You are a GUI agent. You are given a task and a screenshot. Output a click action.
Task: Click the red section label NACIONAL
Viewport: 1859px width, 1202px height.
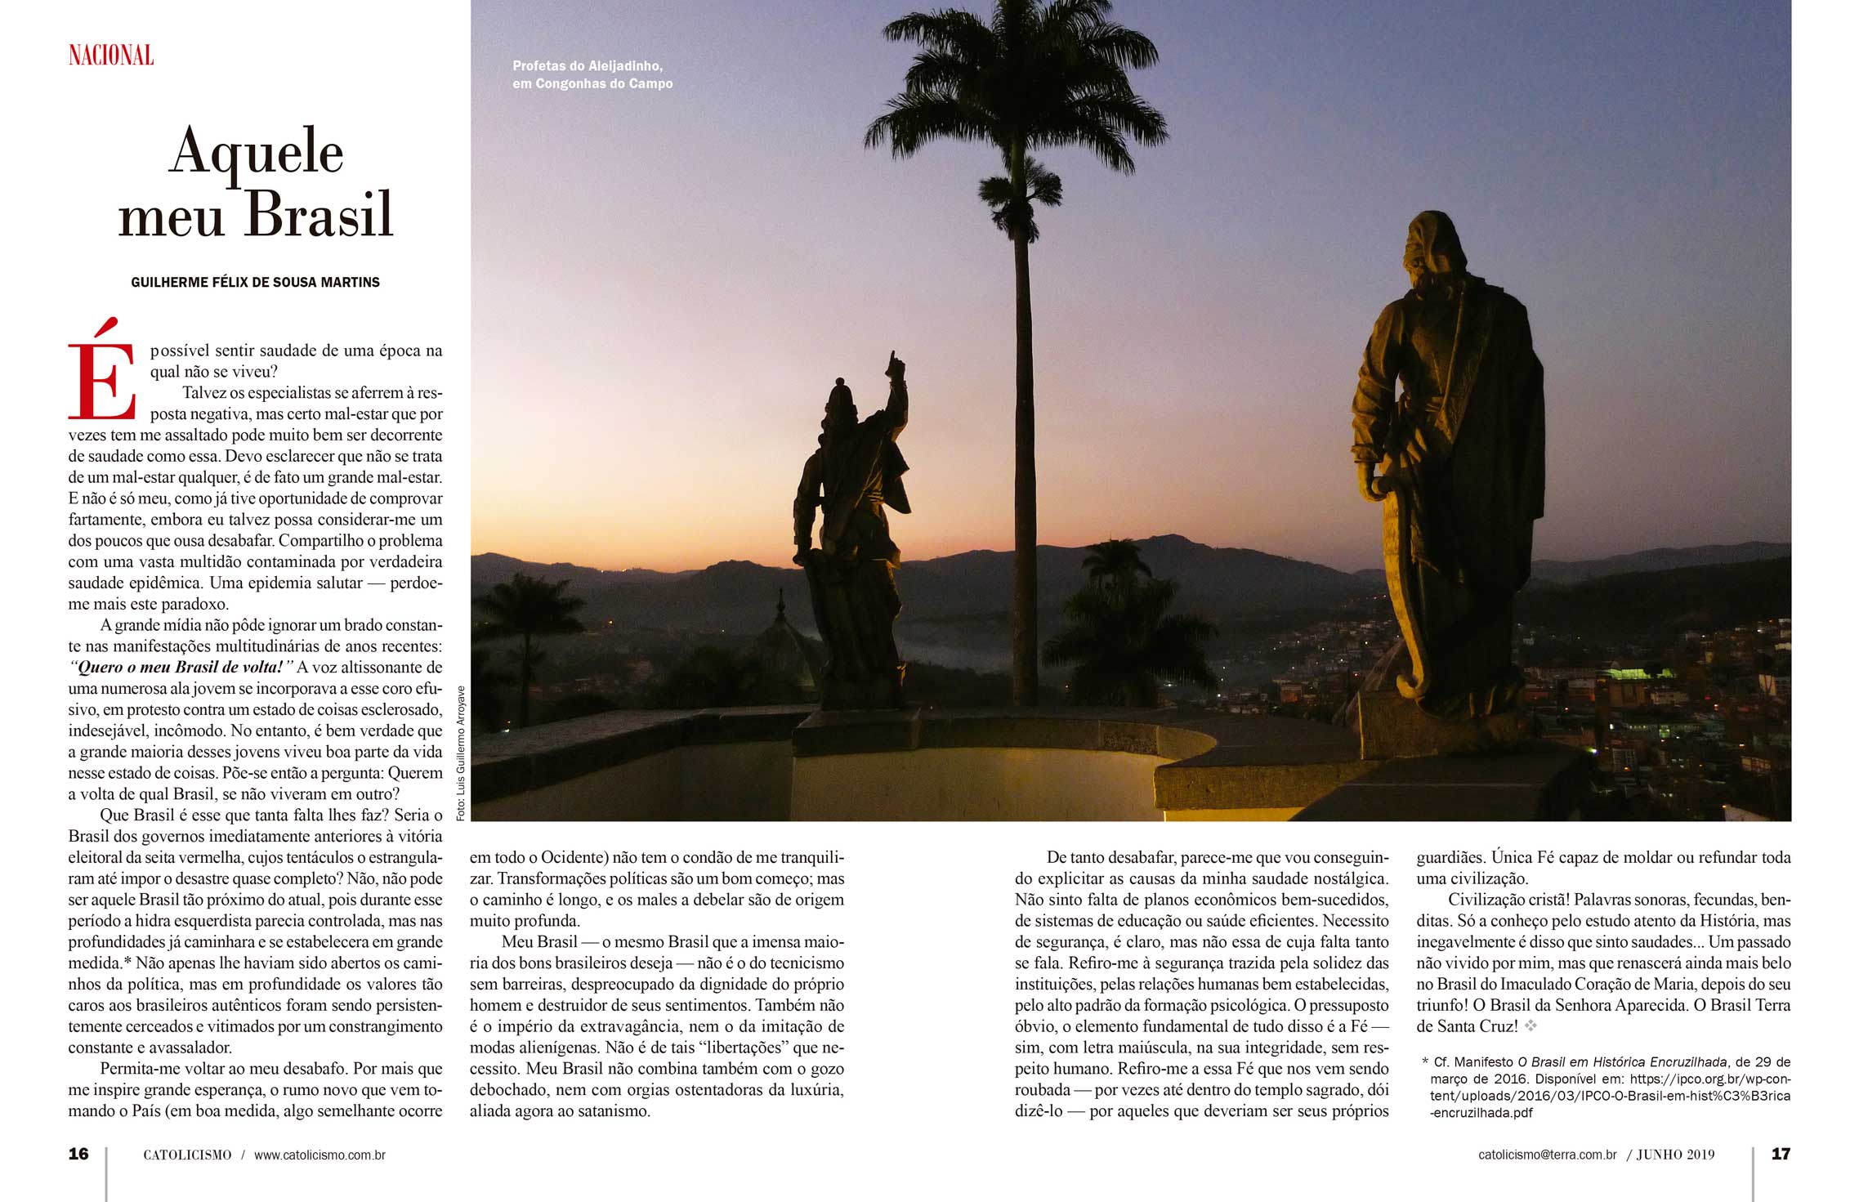pyautogui.click(x=111, y=56)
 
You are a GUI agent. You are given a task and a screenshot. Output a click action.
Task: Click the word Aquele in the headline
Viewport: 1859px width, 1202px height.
pyautogui.click(x=256, y=152)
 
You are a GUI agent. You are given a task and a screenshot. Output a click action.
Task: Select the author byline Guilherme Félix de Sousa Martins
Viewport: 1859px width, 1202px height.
pyautogui.click(x=255, y=282)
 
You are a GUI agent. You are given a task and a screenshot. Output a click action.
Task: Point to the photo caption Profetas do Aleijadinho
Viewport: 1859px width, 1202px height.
pyautogui.click(x=588, y=66)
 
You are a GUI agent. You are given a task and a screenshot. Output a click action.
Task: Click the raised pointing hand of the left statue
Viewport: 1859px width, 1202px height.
pyautogui.click(x=896, y=365)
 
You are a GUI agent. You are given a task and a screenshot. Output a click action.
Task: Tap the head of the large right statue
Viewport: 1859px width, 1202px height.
pyautogui.click(x=1434, y=245)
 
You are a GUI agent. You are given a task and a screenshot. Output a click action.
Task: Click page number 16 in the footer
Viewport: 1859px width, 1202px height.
pyautogui.click(x=78, y=1154)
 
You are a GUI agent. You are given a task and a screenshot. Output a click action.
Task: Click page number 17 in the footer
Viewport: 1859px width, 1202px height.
pyautogui.click(x=1781, y=1154)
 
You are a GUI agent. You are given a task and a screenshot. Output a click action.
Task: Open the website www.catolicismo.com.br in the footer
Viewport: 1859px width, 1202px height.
pyautogui.click(x=320, y=1155)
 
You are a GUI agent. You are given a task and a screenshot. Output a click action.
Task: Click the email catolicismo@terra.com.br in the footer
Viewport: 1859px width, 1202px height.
pyautogui.click(x=1547, y=1155)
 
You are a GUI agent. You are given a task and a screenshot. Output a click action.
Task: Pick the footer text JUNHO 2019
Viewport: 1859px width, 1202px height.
pyautogui.click(x=1675, y=1155)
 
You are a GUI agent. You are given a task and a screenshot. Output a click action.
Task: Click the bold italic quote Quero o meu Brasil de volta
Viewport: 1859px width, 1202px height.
pyautogui.click(x=181, y=667)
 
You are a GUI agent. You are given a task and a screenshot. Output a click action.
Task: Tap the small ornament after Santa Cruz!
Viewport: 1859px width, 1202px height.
pyautogui.click(x=1531, y=1025)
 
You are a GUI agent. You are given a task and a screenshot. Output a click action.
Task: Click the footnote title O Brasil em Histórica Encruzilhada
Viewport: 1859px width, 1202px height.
pyautogui.click(x=1622, y=1062)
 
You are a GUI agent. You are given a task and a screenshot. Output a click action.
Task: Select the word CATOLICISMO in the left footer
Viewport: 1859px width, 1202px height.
pyautogui.click(x=187, y=1155)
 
